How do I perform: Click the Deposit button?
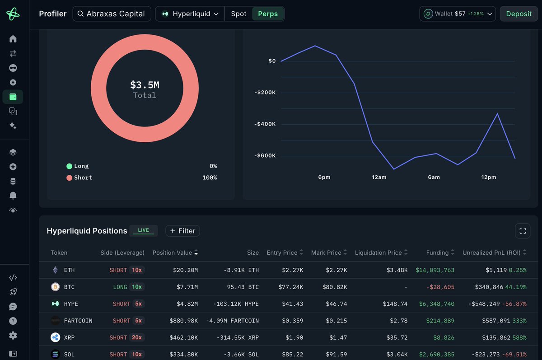[519, 14]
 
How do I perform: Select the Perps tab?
[268, 14]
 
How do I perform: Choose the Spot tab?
[238, 14]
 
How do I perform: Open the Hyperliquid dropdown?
[190, 14]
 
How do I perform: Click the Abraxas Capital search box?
[112, 14]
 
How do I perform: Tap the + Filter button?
[182, 231]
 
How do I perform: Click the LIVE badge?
[144, 230]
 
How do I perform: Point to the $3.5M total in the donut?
[145, 85]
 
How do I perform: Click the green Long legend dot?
[69, 166]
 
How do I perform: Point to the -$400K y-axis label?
[265, 124]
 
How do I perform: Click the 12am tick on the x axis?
[379, 178]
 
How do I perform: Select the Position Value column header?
[175, 252]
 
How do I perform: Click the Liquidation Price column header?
[381, 252]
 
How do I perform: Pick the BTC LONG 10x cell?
[129, 287]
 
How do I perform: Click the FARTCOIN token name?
[78, 321]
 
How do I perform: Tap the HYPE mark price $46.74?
[336, 304]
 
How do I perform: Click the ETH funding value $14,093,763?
[435, 270]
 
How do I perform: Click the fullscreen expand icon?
[523, 231]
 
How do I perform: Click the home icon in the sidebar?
[13, 39]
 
